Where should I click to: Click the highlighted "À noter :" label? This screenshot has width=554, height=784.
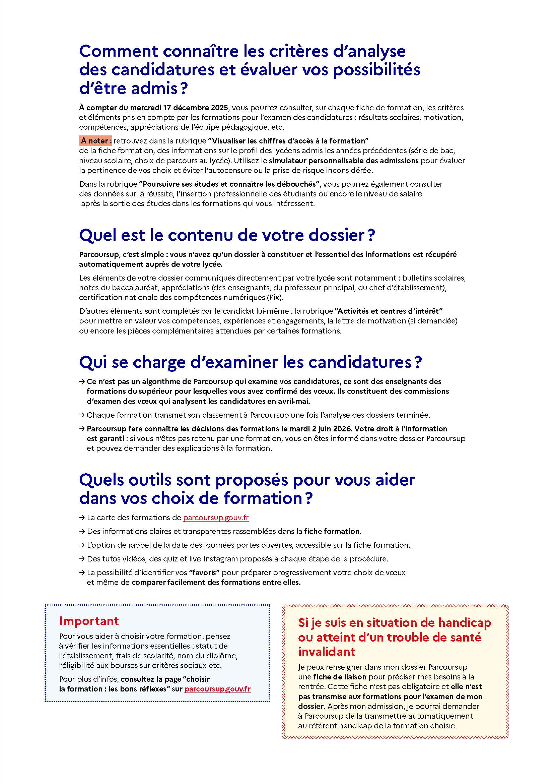[x=96, y=141]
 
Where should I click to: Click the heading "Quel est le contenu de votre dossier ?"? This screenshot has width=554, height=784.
[x=227, y=235]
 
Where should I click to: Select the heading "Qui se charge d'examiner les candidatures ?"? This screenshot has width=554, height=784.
[x=251, y=362]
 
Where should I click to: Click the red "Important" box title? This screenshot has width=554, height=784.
[x=89, y=621]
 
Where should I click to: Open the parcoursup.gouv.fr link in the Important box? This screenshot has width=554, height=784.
[x=218, y=689]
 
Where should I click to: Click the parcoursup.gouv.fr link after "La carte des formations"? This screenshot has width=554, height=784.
[x=216, y=518]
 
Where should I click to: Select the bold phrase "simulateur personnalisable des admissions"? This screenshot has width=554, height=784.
[x=344, y=161]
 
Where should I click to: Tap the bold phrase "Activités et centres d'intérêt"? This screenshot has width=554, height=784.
[x=389, y=311]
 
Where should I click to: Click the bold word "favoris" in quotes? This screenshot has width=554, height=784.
[x=205, y=572]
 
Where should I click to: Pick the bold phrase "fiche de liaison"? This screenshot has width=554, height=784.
[x=340, y=677]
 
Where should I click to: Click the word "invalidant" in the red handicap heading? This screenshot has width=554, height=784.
[x=327, y=652]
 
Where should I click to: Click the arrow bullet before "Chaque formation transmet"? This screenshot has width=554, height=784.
[x=82, y=415]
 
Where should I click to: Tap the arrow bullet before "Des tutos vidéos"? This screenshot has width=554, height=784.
[x=82, y=559]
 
